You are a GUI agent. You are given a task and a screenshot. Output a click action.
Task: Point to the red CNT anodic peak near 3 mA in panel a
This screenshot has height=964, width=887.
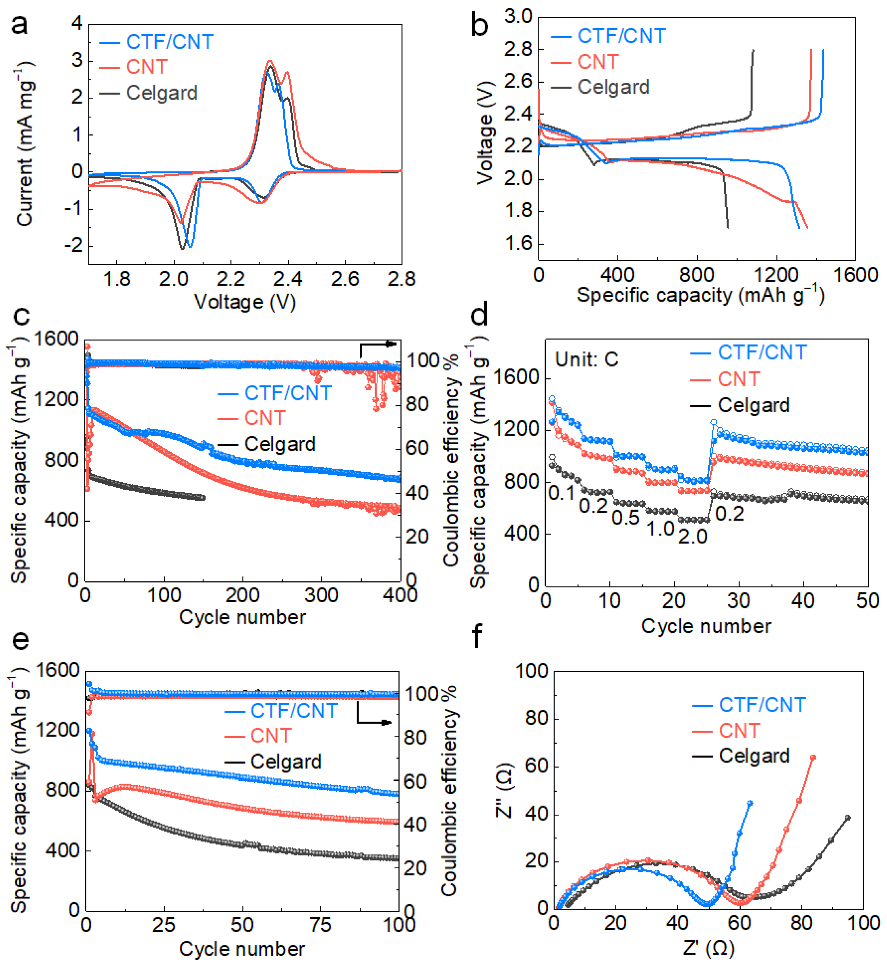(270, 61)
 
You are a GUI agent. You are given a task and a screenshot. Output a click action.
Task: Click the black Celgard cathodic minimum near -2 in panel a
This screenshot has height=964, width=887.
(182, 248)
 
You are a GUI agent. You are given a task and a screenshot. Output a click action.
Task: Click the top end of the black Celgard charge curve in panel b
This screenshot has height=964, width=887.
(753, 50)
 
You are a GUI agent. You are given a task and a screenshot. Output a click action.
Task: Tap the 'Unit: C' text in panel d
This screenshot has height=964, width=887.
(586, 359)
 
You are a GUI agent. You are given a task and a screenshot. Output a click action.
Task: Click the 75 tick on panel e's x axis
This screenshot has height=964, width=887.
(320, 925)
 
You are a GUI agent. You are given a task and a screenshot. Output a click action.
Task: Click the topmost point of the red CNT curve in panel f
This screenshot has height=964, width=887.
(813, 757)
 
